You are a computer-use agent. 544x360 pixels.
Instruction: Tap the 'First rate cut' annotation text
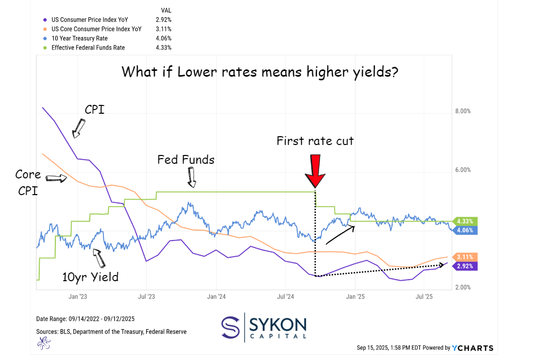point(315,141)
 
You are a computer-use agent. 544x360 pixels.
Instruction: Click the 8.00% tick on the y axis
point(463,111)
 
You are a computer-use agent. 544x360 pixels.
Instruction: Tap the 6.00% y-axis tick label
point(463,170)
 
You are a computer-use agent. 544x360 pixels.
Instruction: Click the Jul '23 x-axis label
point(147,297)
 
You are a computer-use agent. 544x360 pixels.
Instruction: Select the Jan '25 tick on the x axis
point(356,297)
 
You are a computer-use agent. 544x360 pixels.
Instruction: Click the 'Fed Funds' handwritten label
point(186,160)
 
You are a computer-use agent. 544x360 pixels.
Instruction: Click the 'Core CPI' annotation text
point(29,183)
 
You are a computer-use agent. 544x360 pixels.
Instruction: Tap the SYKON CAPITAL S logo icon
point(230,328)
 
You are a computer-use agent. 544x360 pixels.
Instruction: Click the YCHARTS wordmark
point(473,348)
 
